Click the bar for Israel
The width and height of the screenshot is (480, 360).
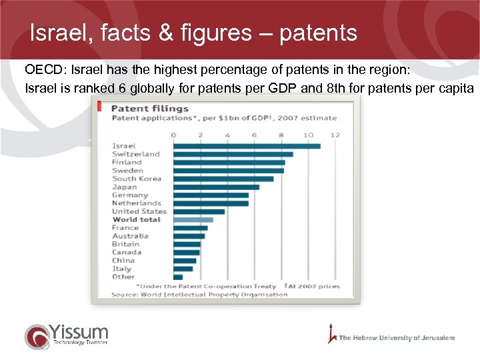click(247, 146)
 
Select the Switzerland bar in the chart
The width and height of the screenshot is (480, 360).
click(233, 154)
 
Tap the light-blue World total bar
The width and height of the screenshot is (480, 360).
click(193, 219)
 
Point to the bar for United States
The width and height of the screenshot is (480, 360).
click(199, 211)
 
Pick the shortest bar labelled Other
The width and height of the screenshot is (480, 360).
click(178, 277)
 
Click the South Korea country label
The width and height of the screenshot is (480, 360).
click(137, 179)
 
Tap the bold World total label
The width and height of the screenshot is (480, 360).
click(136, 219)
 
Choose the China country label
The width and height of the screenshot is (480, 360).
click(123, 260)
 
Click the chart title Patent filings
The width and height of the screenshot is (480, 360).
click(149, 108)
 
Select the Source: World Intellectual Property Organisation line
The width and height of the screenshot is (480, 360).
click(199, 295)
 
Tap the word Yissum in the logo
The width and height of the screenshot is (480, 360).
click(79, 331)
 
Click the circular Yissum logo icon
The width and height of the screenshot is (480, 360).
click(37, 336)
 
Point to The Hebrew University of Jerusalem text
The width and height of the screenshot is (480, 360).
click(397, 338)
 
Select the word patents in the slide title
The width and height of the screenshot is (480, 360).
click(318, 33)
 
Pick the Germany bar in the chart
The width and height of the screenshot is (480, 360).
click(211, 195)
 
